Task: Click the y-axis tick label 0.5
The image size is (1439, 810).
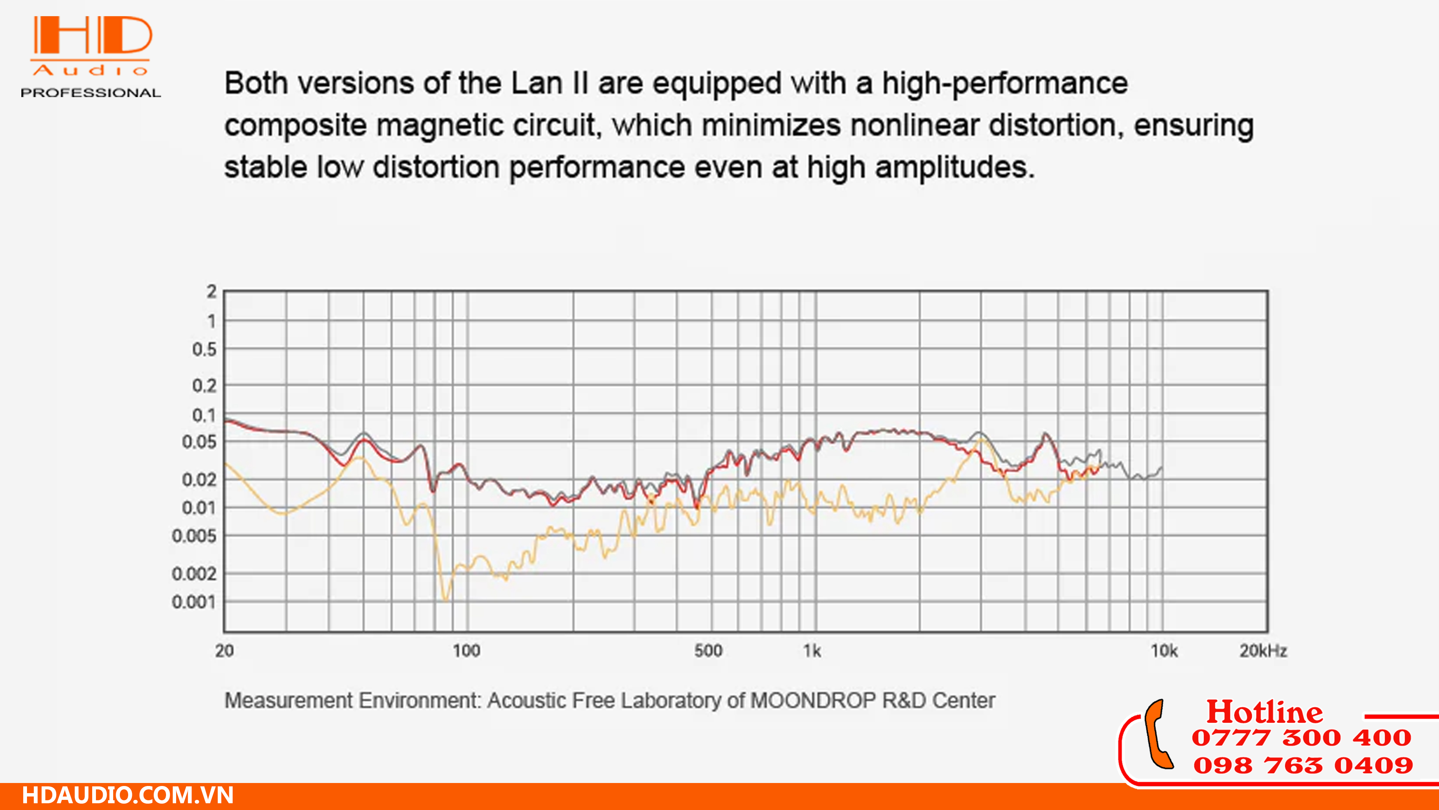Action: tap(204, 350)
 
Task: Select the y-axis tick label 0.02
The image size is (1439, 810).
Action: tap(198, 480)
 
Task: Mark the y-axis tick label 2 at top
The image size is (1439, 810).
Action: tap(211, 291)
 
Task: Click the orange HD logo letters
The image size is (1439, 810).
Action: tap(92, 35)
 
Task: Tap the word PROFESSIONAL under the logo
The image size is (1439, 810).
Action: tap(90, 93)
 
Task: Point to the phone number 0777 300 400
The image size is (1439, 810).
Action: tap(1301, 738)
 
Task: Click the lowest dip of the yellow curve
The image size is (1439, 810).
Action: tap(445, 600)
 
